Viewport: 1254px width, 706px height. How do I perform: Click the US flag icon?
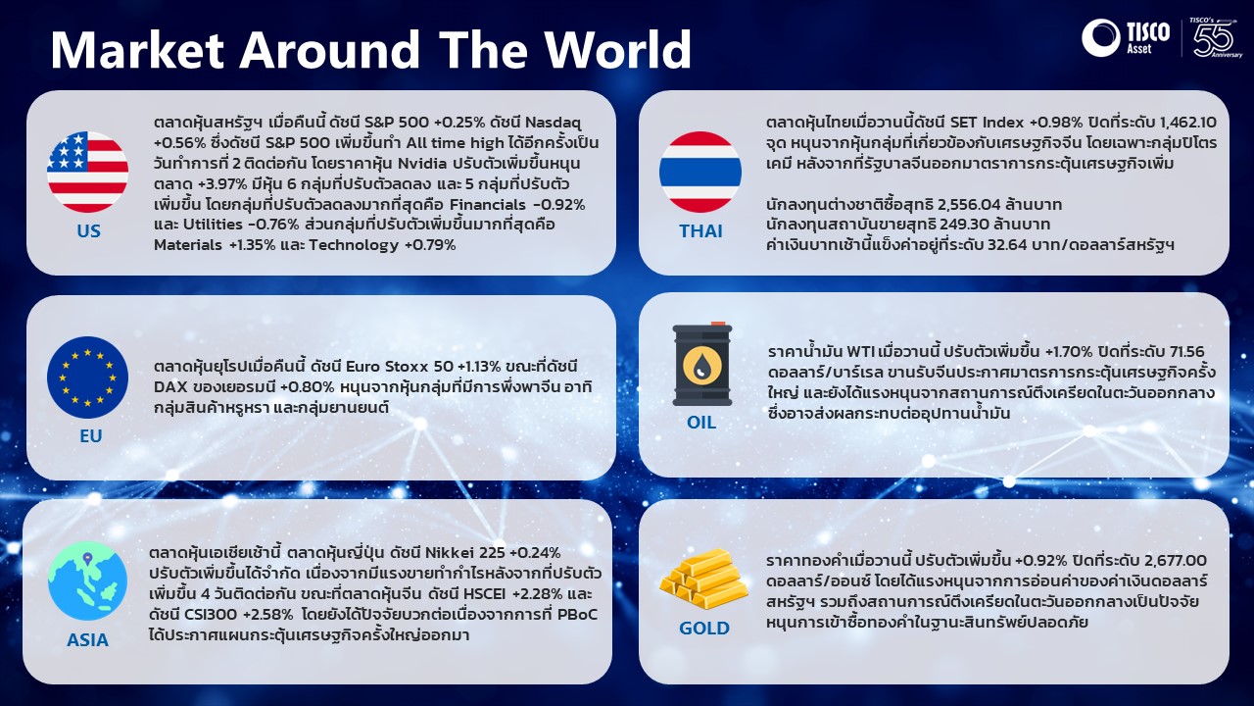point(88,172)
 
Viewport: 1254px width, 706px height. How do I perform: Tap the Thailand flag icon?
point(700,172)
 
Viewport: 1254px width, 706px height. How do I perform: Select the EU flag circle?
point(88,378)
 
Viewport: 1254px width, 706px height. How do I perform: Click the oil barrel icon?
point(702,364)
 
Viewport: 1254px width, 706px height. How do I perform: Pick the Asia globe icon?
point(88,581)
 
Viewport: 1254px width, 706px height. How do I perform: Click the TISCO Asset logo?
point(1126,37)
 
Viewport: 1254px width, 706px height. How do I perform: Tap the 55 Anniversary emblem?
point(1216,37)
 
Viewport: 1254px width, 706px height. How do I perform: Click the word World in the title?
point(618,49)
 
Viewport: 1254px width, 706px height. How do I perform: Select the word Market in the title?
point(138,49)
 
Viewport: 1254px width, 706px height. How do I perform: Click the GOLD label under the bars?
point(704,629)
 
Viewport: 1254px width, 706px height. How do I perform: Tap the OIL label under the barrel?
point(701,423)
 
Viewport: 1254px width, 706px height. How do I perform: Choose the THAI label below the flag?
point(700,230)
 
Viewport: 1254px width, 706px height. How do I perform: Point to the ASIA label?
point(87,640)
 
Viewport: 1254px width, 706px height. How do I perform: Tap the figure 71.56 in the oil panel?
point(1186,351)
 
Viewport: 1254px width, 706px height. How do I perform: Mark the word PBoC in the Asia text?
point(578,615)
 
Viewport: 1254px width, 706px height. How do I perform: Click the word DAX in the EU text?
point(170,387)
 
